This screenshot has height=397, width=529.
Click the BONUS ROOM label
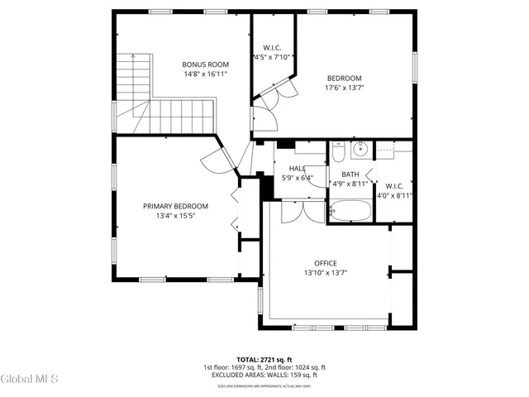(x=205, y=65)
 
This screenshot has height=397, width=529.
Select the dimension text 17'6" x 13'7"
(x=344, y=87)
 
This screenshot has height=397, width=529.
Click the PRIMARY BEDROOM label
(x=175, y=206)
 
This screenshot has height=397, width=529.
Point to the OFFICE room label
(x=325, y=263)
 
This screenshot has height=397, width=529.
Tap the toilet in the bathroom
(x=338, y=152)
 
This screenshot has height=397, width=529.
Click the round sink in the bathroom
(x=360, y=151)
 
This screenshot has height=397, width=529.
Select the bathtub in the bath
(x=350, y=211)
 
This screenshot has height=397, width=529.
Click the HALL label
(x=297, y=168)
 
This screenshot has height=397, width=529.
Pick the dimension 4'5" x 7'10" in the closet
(x=272, y=57)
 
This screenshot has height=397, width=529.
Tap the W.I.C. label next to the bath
(x=393, y=186)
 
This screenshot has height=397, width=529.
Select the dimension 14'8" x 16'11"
(x=205, y=74)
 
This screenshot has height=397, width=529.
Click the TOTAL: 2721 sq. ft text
(x=264, y=360)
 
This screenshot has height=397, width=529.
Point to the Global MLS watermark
(x=30, y=379)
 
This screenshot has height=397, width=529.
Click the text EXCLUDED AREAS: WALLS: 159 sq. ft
(x=264, y=375)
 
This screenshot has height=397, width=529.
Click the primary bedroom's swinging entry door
(x=213, y=160)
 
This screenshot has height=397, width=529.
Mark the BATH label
(x=350, y=175)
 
